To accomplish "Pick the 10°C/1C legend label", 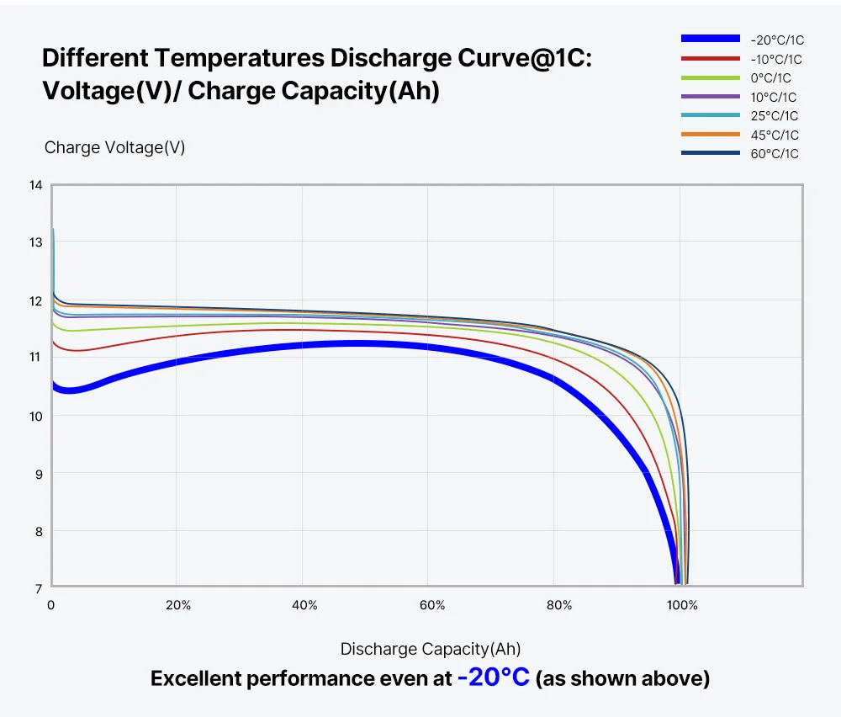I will pyautogui.click(x=775, y=97).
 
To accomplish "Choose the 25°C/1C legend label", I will pyautogui.click(x=775, y=116).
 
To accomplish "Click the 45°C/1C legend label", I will pyautogui.click(x=775, y=135).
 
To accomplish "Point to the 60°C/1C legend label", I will pyautogui.click(x=775, y=154).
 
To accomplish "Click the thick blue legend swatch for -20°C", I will pyautogui.click(x=710, y=39).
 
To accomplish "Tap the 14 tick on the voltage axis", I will pyautogui.click(x=35, y=185).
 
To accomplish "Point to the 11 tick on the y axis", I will pyautogui.click(x=35, y=358).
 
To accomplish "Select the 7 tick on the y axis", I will pyautogui.click(x=37, y=588).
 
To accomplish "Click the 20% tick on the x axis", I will pyautogui.click(x=178, y=605).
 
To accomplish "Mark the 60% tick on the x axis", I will pyautogui.click(x=432, y=605).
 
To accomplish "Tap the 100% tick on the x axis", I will pyautogui.click(x=682, y=605).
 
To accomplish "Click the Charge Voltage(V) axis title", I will pyautogui.click(x=114, y=148).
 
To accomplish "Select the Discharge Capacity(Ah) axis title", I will pyautogui.click(x=430, y=649).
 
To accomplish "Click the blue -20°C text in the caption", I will pyautogui.click(x=494, y=677).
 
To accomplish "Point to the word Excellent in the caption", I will pyautogui.click(x=195, y=679).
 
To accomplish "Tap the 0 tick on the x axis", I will pyautogui.click(x=51, y=605).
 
